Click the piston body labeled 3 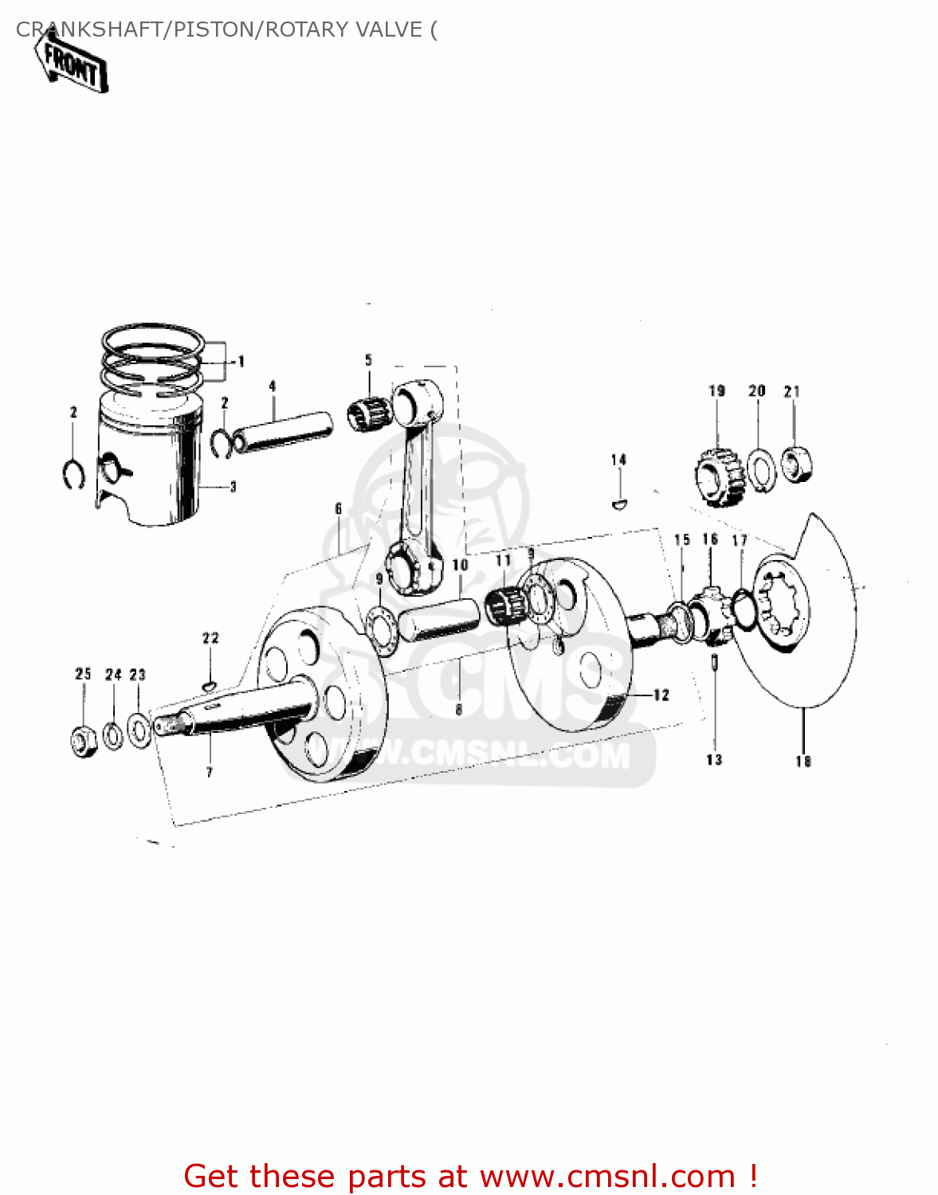point(151,470)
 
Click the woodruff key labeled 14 point(619,503)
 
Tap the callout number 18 point(803,762)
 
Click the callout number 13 point(714,760)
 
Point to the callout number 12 point(661,695)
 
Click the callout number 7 point(210,771)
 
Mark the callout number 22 point(210,638)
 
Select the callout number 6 point(338,508)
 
